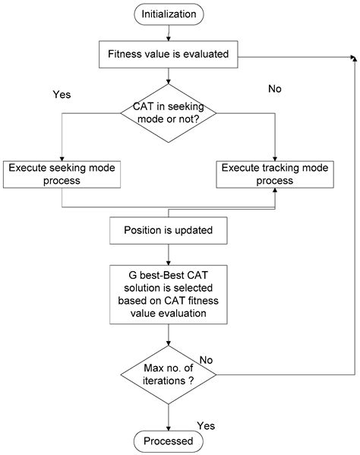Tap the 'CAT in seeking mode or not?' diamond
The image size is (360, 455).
(x=169, y=116)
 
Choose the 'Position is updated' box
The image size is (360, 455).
(x=169, y=229)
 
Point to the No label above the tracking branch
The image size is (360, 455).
(x=275, y=90)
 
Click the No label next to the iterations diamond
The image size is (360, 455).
(x=206, y=359)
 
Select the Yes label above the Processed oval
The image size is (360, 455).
(x=206, y=425)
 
